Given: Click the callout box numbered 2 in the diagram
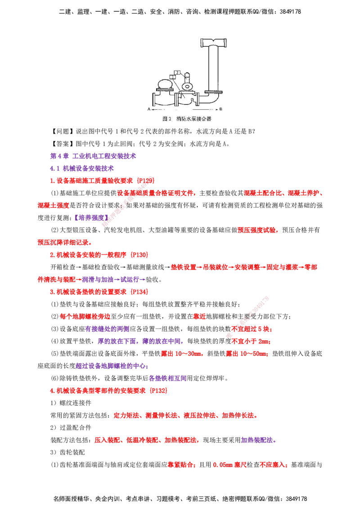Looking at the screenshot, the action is click(x=177, y=72).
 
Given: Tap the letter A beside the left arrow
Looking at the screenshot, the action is click(x=149, y=109).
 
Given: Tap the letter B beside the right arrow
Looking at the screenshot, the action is click(x=221, y=109).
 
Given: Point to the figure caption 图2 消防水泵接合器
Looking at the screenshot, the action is click(x=187, y=119).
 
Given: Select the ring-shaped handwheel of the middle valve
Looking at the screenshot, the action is click(x=187, y=87).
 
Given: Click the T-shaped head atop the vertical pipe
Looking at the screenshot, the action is click(x=213, y=43).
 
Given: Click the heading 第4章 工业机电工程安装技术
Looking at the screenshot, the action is click(x=93, y=156).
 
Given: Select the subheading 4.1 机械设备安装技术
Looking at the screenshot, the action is click(x=82, y=169).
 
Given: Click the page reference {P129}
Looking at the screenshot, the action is click(x=146, y=181).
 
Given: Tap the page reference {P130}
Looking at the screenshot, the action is click(x=139, y=255).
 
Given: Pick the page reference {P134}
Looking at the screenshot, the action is click(x=139, y=292).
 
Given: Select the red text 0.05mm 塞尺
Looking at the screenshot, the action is click(x=229, y=465).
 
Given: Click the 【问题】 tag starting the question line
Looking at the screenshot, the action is click(x=63, y=131).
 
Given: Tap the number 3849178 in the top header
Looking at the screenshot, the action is click(x=290, y=12).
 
